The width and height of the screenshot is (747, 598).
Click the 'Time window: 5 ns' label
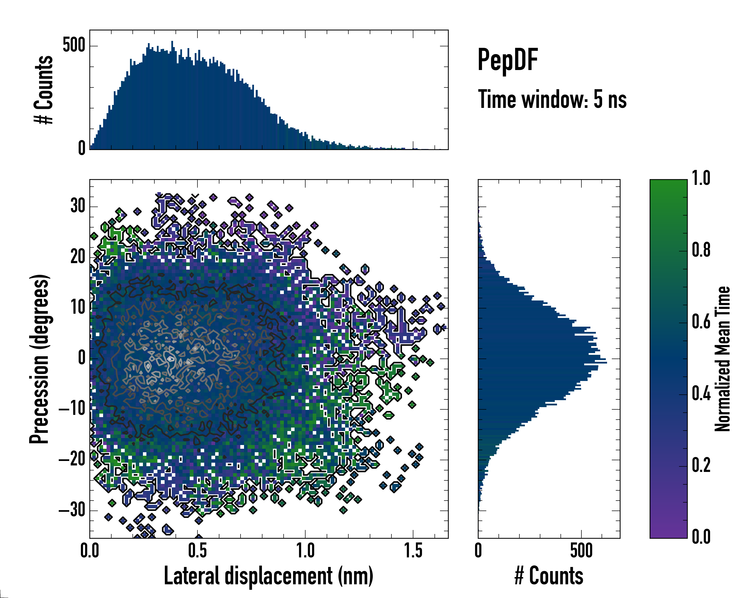(x=552, y=99)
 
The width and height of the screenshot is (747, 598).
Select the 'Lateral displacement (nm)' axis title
(x=268, y=576)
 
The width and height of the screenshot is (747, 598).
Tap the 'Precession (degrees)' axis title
(x=39, y=359)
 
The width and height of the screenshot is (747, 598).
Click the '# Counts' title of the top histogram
(x=44, y=90)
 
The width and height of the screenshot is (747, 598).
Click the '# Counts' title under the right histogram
(x=549, y=576)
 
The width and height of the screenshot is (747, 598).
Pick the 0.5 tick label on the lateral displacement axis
(x=197, y=551)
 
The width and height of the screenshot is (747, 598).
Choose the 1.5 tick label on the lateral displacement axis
(x=413, y=551)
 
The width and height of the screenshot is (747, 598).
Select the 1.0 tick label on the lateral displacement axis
(x=305, y=551)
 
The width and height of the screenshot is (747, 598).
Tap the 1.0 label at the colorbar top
(x=701, y=179)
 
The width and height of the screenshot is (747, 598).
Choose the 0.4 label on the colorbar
(x=701, y=394)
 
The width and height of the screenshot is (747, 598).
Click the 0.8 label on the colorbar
(x=701, y=250)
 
